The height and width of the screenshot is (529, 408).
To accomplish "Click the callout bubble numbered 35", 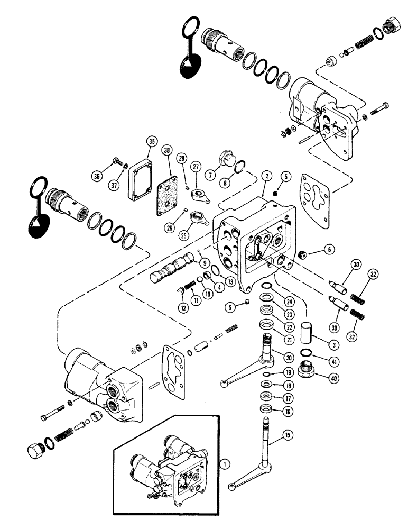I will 152,141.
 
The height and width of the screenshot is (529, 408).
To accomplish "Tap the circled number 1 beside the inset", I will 225,465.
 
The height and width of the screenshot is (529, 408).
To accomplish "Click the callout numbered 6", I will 328,249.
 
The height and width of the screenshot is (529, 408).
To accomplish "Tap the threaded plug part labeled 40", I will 307,367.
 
